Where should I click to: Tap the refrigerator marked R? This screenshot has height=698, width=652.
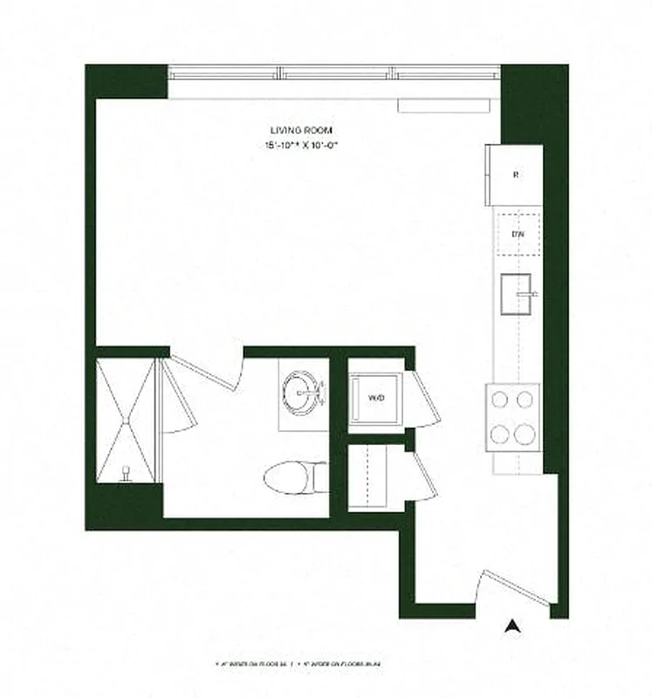pyautogui.click(x=515, y=175)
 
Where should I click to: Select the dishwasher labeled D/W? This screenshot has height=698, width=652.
pyautogui.click(x=517, y=233)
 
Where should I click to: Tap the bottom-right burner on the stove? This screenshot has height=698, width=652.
pyautogui.click(x=525, y=433)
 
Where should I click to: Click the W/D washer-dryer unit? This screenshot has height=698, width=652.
pyautogui.click(x=376, y=398)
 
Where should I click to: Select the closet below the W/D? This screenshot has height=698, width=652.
pyautogui.click(x=375, y=478)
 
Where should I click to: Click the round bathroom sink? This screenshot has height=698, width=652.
pyautogui.click(x=302, y=391)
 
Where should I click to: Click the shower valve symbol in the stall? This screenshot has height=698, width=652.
pyautogui.click(x=127, y=472)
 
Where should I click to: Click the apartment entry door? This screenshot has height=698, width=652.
pyautogui.click(x=517, y=588)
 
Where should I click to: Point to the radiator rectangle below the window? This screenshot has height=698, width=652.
pyautogui.click(x=443, y=106)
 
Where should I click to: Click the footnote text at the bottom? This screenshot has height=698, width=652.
pyautogui.click(x=326, y=665)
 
